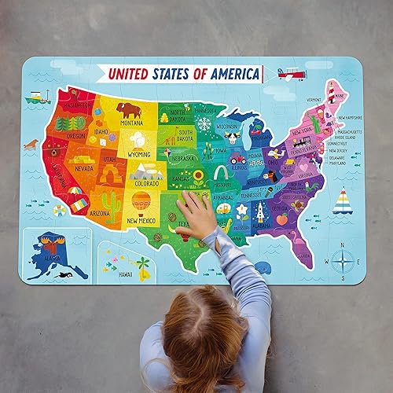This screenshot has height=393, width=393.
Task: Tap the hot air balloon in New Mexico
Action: pyautogui.click(x=141, y=202)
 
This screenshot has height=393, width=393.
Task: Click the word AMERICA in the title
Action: pyautogui.click(x=229, y=74)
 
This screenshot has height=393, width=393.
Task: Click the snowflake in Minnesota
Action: pyautogui.click(x=204, y=124)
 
